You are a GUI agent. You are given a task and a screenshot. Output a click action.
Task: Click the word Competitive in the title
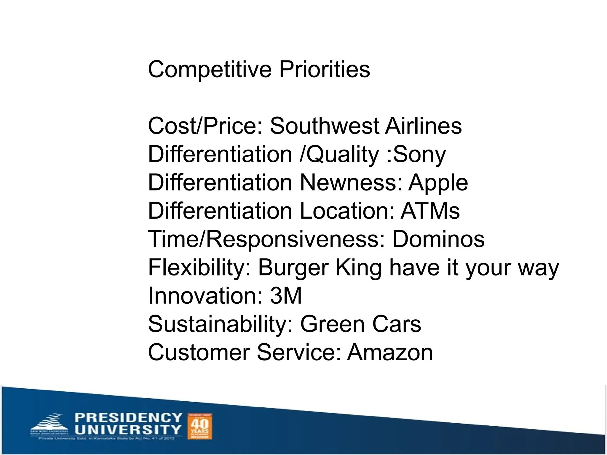point(210,69)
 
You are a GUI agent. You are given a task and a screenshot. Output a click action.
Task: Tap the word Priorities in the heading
point(325,69)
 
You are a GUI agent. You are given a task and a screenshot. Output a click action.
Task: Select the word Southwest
point(325,126)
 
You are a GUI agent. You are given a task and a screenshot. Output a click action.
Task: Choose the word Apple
point(438,183)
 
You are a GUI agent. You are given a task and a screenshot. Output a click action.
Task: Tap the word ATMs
point(430,211)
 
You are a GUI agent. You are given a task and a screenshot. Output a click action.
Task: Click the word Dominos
point(438,239)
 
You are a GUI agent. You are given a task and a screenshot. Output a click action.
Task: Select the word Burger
point(293,267)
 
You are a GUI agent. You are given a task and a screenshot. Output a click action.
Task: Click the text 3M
point(286,296)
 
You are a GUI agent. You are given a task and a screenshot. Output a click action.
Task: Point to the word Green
point(333,324)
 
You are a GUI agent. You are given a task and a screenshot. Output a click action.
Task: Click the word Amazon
point(390,353)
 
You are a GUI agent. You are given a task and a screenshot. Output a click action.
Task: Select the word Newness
point(351,183)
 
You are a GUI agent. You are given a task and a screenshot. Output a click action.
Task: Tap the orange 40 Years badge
point(200,426)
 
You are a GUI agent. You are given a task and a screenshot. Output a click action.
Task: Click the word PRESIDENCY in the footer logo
point(128,418)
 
